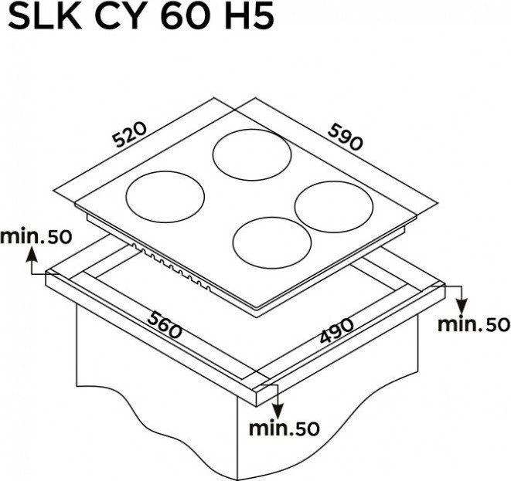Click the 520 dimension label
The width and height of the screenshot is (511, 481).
pyautogui.click(x=130, y=134)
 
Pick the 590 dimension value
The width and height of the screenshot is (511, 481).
pyautogui.click(x=346, y=137)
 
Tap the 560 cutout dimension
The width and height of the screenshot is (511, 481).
pyautogui.click(x=164, y=324)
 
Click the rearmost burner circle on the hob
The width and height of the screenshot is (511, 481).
pyautogui.click(x=252, y=154)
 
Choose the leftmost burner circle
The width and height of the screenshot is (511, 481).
pyautogui.click(x=165, y=197)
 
